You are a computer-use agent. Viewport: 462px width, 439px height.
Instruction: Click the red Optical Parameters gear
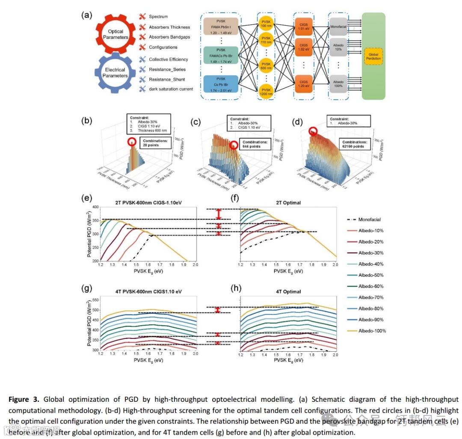pos(115,35)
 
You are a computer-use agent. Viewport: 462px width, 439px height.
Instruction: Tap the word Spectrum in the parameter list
pos(158,17)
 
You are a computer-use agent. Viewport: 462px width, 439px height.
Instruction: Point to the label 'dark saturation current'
pos(171,89)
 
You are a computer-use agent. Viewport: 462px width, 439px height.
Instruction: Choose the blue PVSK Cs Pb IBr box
pos(220,83)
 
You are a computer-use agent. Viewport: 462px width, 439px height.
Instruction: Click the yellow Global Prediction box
pos(373,56)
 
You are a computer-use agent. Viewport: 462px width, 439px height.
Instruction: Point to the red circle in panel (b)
pos(132,141)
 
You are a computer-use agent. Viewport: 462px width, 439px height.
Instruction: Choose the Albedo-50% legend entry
pos(371,275)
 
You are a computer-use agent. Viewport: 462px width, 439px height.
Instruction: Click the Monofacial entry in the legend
pos(371,219)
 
